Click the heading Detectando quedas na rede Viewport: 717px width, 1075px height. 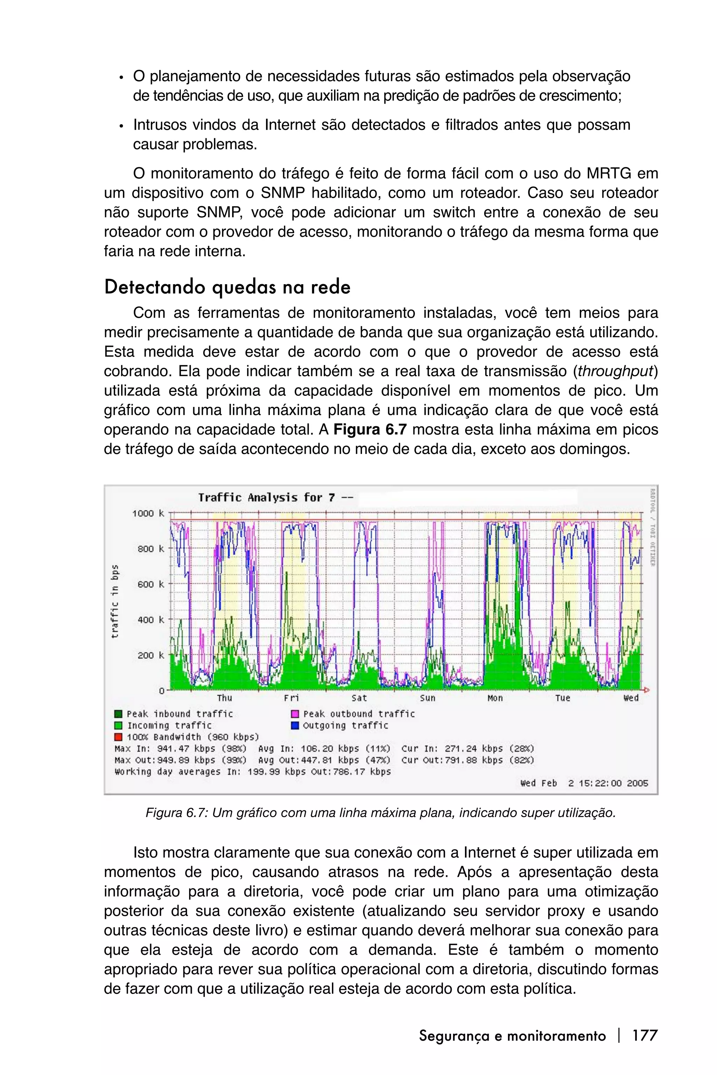(227, 287)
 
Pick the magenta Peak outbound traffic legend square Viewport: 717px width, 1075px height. (295, 714)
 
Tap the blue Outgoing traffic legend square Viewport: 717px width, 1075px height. (295, 725)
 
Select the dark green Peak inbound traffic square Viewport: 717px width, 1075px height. (118, 714)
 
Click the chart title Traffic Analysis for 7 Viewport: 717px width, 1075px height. (274, 497)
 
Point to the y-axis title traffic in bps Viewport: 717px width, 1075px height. (115, 602)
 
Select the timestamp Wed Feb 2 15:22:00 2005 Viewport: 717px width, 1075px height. (584, 783)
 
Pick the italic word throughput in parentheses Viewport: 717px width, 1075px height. (615, 371)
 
